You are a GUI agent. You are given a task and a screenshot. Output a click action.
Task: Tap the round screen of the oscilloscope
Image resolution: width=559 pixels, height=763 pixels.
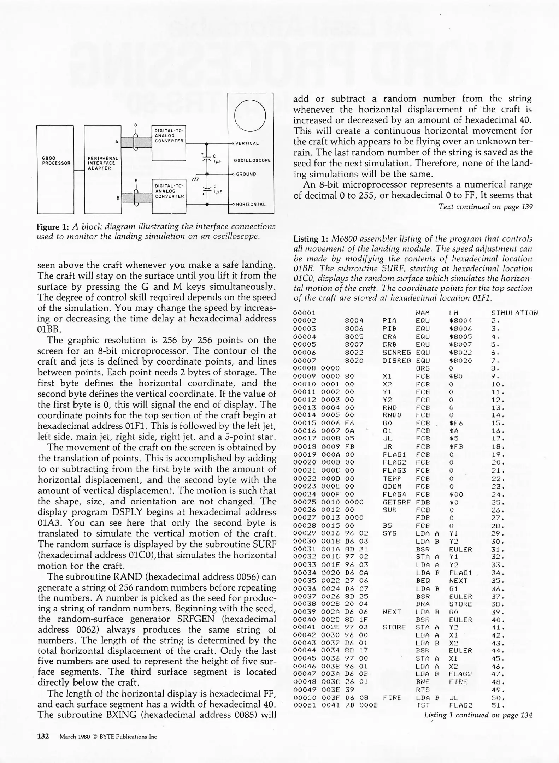click(x=250, y=116)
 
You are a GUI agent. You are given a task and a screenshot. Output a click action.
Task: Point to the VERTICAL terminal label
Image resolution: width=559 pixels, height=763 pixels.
click(x=247, y=143)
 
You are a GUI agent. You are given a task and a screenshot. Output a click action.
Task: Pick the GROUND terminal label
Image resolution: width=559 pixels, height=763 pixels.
click(x=246, y=174)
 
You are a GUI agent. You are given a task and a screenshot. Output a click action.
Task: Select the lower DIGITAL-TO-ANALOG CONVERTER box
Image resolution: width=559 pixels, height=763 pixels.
click(x=169, y=196)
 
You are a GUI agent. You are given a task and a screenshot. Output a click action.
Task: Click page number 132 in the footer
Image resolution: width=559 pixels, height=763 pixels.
click(x=43, y=736)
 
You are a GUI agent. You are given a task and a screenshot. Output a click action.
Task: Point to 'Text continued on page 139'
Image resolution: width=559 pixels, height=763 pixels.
click(x=485, y=207)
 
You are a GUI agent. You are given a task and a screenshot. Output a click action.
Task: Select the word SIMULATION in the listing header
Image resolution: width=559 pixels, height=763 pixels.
click(x=514, y=313)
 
